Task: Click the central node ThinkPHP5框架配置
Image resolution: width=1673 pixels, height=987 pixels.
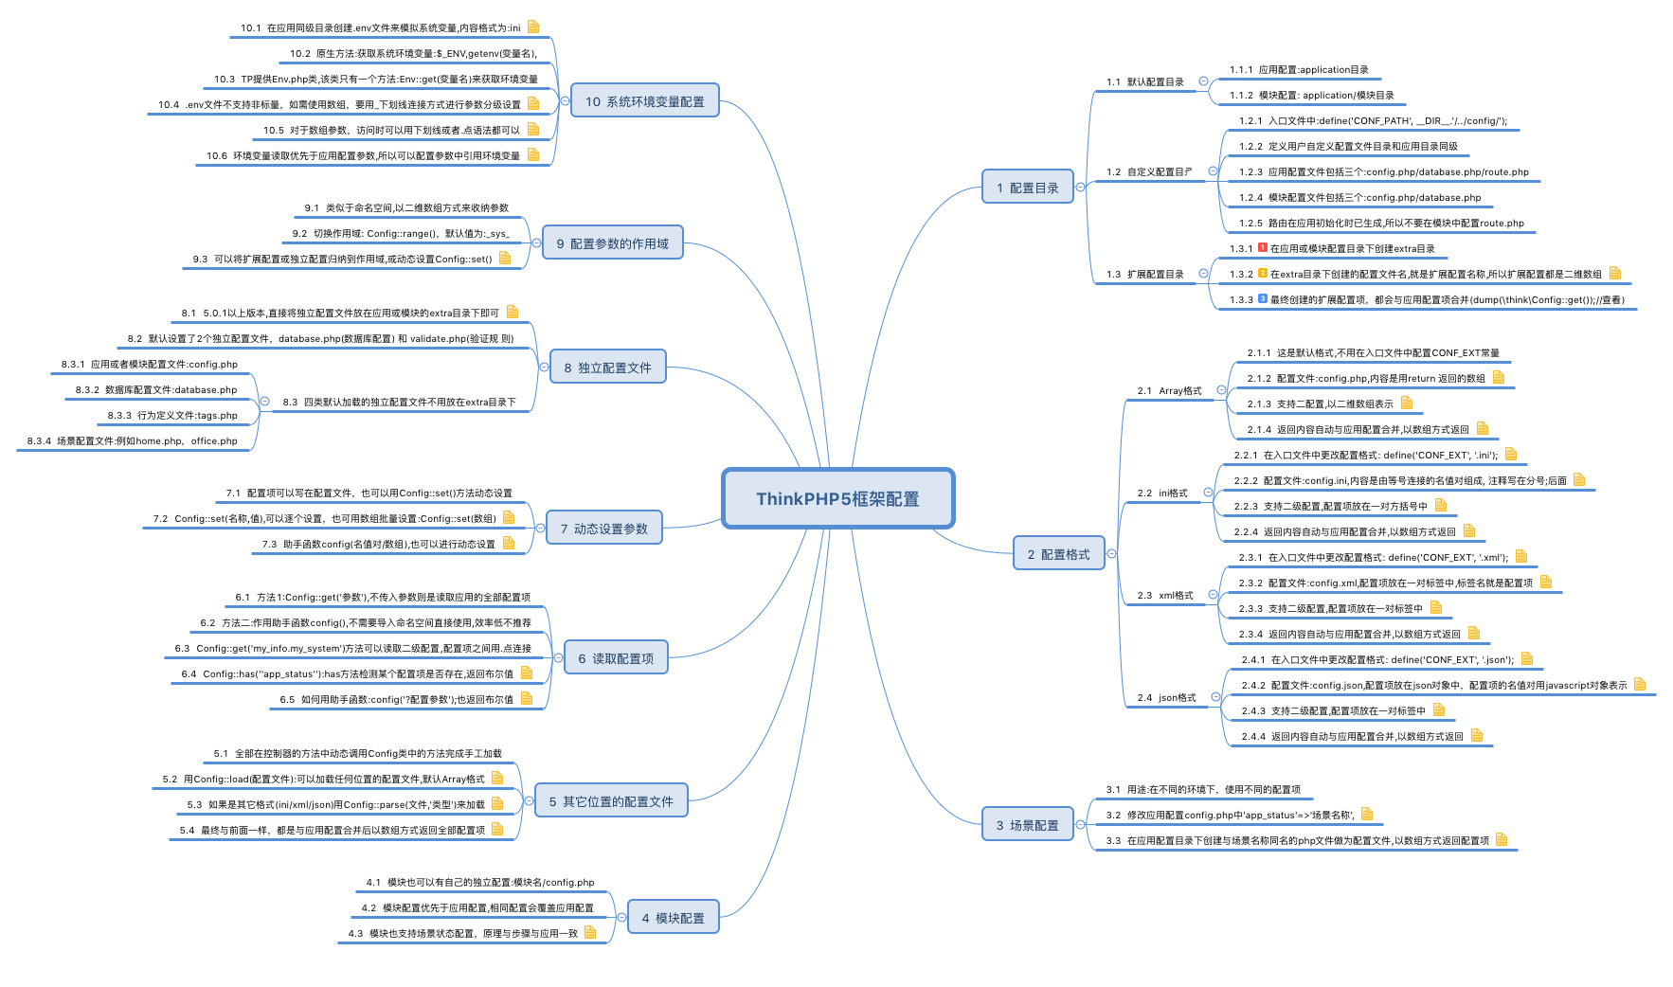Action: point(837,498)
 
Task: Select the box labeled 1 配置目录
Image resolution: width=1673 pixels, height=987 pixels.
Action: point(1027,188)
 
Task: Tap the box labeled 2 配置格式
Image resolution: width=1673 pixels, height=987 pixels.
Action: point(1058,554)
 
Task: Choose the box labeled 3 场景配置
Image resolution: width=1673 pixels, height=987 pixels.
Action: point(1027,825)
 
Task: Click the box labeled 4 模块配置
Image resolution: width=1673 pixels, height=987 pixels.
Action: point(673,917)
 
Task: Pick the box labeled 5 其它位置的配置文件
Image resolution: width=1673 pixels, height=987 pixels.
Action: point(611,801)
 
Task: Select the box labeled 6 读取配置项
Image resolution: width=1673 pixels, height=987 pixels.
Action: point(616,658)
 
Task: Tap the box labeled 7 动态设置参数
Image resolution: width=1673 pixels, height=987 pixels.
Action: point(603,529)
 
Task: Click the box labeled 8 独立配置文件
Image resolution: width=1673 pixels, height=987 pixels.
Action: point(607,368)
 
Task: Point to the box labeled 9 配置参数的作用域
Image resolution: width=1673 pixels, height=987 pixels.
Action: point(612,243)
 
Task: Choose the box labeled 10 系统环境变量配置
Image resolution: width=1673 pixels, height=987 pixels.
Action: point(644,101)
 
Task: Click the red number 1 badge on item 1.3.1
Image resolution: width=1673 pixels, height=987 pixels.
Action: point(1263,248)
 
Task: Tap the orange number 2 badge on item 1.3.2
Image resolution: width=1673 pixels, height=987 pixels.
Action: point(1263,274)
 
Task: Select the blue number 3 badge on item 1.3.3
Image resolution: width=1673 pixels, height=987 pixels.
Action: point(1263,299)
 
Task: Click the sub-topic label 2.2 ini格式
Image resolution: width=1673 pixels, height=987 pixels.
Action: point(1162,493)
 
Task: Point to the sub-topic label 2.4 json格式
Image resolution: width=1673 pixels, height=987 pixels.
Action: point(1166,697)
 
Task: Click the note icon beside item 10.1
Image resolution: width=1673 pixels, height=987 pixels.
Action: point(533,27)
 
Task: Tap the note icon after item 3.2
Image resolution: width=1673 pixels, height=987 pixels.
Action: point(1367,814)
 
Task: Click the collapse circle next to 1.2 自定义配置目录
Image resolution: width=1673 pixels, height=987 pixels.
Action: point(1213,171)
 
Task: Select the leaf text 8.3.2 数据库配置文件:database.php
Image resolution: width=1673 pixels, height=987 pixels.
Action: point(156,389)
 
